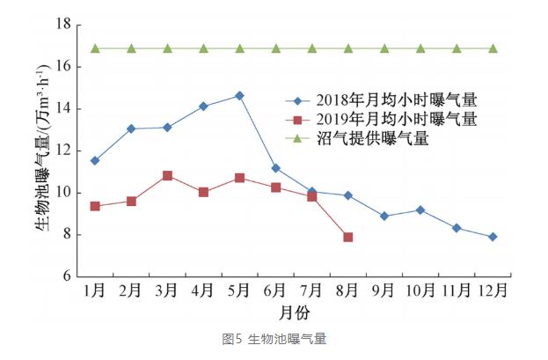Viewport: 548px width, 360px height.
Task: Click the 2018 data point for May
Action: point(239,95)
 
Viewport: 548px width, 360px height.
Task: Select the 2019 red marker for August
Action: point(348,238)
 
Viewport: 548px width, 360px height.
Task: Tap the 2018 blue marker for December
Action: point(493,237)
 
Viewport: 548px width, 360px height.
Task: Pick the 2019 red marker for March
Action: point(167,176)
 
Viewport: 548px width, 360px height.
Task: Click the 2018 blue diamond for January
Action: point(95,161)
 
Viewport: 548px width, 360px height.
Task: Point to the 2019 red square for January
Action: point(95,206)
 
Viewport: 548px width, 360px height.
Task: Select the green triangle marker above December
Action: point(493,48)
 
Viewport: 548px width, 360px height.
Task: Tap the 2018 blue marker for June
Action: point(275,168)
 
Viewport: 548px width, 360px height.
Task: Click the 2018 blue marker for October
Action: point(420,210)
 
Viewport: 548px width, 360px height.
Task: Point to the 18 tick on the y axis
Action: point(62,25)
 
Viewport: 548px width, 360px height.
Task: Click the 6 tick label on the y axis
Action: point(66,276)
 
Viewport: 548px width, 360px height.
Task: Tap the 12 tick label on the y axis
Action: point(62,151)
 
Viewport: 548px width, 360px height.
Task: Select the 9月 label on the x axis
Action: point(384,291)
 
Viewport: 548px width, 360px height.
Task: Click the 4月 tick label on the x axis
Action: point(203,291)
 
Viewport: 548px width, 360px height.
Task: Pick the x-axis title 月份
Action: point(294,312)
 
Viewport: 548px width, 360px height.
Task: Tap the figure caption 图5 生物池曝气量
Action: point(274,340)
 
